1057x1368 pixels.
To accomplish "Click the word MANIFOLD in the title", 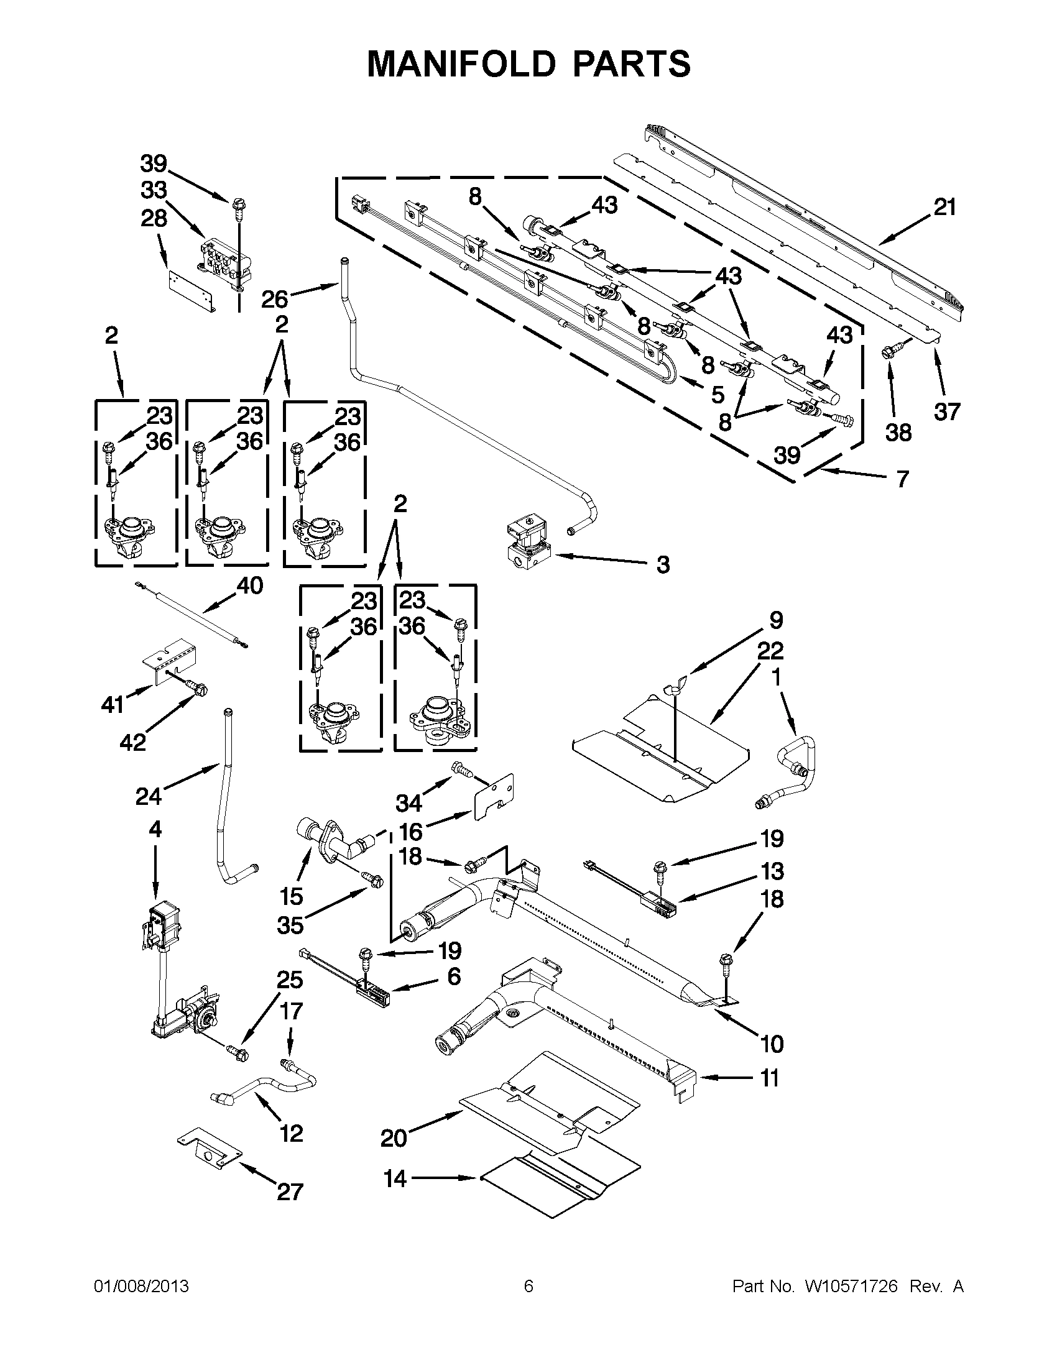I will click(461, 63).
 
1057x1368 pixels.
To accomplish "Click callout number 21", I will click(945, 208).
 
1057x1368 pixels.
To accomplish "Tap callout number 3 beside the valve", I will click(663, 564).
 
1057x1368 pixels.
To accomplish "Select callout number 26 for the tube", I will click(274, 299).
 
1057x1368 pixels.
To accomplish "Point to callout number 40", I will click(249, 585).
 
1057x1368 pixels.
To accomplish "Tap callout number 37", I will click(946, 411).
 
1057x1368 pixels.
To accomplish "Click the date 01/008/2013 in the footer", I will click(141, 1286).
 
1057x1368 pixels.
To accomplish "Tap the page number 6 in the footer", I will click(528, 1286).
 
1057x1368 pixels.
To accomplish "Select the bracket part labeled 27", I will click(210, 1151).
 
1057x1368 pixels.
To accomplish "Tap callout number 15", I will click(292, 896).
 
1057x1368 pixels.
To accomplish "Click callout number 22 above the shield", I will click(770, 651).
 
